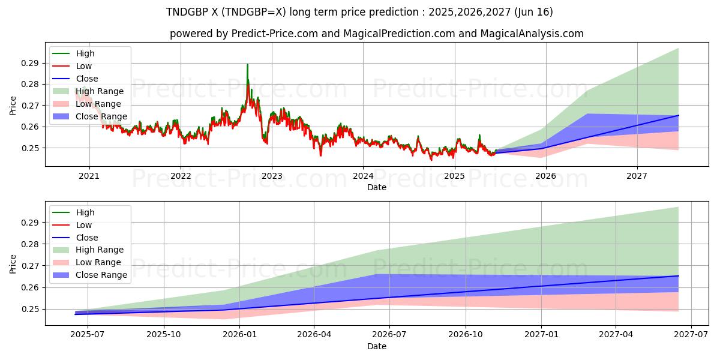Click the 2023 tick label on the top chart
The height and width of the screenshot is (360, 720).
(x=272, y=176)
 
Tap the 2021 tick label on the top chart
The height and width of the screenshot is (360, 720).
(x=89, y=176)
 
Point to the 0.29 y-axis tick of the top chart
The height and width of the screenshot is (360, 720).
(x=31, y=63)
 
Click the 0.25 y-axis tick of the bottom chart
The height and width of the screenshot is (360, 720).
(x=31, y=309)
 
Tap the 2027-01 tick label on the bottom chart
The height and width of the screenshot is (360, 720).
(x=541, y=335)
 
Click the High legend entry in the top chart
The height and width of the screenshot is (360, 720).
(x=85, y=53)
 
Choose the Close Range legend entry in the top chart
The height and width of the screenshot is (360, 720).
(x=101, y=116)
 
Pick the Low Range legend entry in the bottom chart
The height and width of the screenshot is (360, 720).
(x=98, y=262)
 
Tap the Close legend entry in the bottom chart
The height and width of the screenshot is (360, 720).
(x=87, y=238)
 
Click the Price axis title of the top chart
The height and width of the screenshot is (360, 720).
(x=13, y=106)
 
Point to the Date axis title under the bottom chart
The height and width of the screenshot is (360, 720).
(x=376, y=346)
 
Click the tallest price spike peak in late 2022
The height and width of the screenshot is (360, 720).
(x=247, y=65)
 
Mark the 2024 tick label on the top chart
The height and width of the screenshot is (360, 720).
(x=363, y=176)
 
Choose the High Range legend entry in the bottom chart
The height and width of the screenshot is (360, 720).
(x=100, y=250)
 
